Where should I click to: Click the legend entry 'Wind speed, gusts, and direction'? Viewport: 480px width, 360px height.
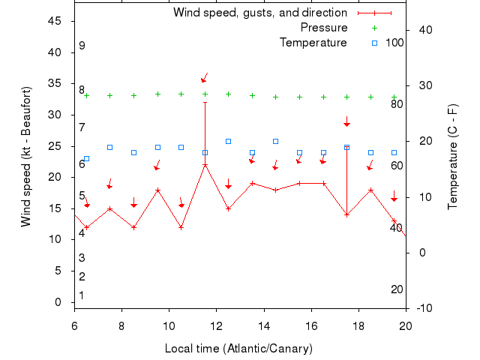point(259,13)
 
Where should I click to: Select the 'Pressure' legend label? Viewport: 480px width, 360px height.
point(324,28)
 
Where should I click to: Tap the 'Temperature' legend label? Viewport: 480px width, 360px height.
point(313,43)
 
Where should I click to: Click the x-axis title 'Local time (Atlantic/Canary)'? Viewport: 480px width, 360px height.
point(239,349)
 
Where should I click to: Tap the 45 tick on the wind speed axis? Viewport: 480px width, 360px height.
point(55,21)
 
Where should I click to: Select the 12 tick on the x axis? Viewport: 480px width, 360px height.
point(216,325)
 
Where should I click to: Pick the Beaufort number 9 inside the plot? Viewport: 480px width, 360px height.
point(82,46)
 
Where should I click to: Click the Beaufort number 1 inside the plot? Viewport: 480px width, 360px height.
point(82,295)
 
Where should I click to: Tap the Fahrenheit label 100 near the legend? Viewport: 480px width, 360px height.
point(394,43)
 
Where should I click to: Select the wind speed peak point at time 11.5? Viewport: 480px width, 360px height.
point(205,165)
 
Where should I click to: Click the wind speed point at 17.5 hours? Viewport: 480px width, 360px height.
point(346,214)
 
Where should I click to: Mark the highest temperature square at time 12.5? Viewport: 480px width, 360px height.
point(229,141)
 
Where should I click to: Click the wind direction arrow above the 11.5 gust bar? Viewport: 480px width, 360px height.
point(204,78)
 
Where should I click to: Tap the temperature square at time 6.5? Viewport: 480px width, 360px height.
point(86,158)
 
